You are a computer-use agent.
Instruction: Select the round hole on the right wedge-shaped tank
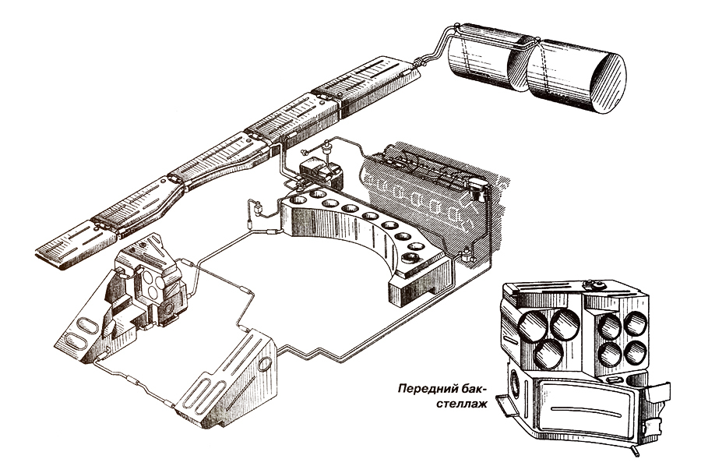pyautogui.click(x=264, y=363)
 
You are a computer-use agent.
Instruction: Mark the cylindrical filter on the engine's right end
pyautogui.click(x=477, y=191)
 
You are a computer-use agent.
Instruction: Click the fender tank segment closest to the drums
pyautogui.click(x=366, y=84)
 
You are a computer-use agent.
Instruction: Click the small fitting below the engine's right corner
pyautogui.click(x=465, y=252)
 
